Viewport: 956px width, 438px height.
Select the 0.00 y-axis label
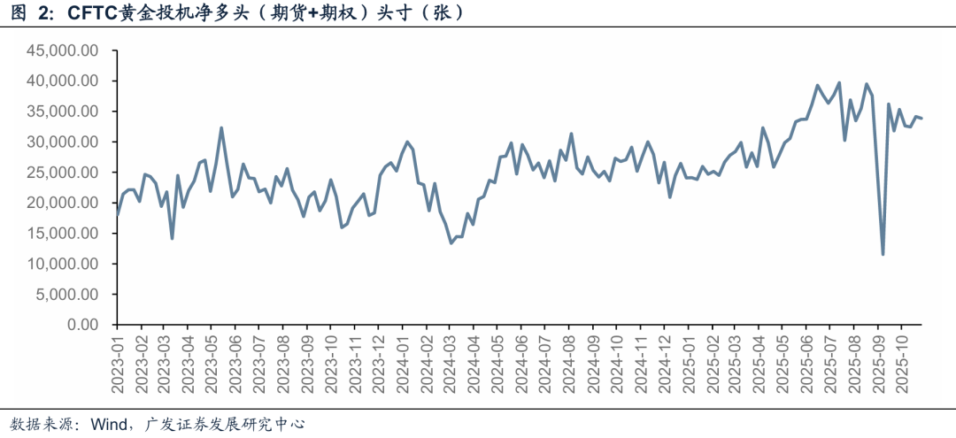tap(81, 325)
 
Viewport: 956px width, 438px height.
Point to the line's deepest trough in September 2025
tap(883, 254)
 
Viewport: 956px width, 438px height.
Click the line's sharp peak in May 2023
tap(221, 128)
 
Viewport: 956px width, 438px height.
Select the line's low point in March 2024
tap(451, 242)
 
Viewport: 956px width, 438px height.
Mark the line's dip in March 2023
tap(172, 238)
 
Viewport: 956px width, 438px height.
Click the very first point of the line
tap(118, 214)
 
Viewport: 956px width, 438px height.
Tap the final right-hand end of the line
tap(921, 119)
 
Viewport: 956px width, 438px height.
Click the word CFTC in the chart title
tap(91, 13)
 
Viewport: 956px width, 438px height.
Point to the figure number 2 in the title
tap(43, 13)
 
